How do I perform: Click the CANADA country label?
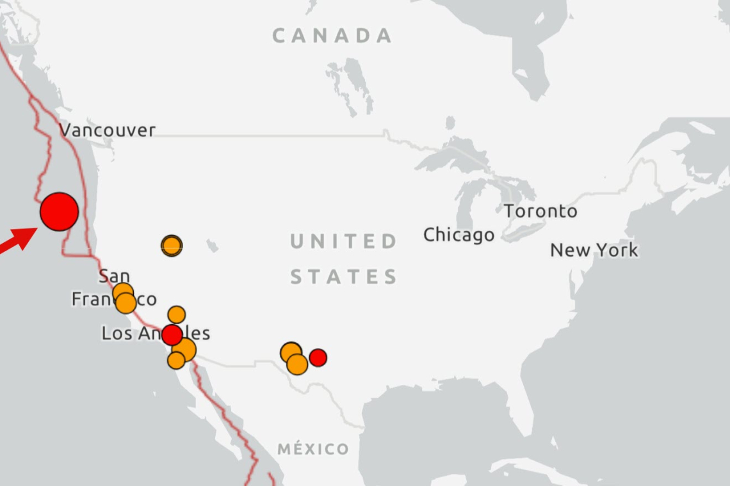(x=332, y=36)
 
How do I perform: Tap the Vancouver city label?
(x=108, y=130)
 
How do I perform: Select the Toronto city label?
(x=540, y=211)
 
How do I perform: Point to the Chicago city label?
(x=458, y=235)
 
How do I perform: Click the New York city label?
(x=594, y=250)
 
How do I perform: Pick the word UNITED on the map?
(x=344, y=242)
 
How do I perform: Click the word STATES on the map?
(x=344, y=277)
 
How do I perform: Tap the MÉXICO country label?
(x=313, y=449)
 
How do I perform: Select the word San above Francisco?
(x=114, y=276)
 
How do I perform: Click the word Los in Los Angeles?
(x=116, y=333)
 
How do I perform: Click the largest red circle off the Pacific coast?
(x=60, y=212)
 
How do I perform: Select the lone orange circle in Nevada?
(x=172, y=245)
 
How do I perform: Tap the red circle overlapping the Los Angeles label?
(x=172, y=334)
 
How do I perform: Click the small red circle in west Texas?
(x=318, y=357)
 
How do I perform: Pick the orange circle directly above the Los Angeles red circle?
(x=177, y=315)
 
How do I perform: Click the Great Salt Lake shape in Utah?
(x=212, y=246)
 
